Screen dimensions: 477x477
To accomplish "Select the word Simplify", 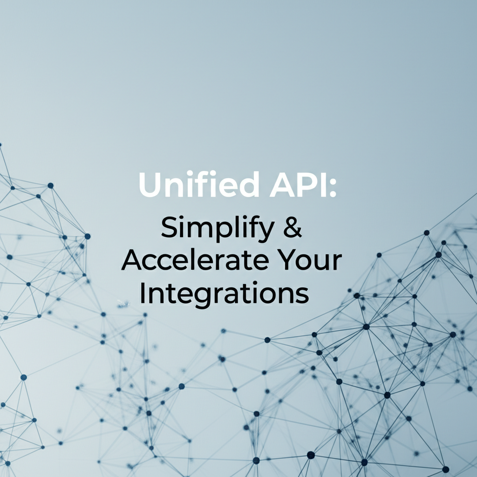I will [x=217, y=229].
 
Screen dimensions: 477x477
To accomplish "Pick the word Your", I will [x=313, y=261].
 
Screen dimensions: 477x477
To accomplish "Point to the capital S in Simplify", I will [x=170, y=228].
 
